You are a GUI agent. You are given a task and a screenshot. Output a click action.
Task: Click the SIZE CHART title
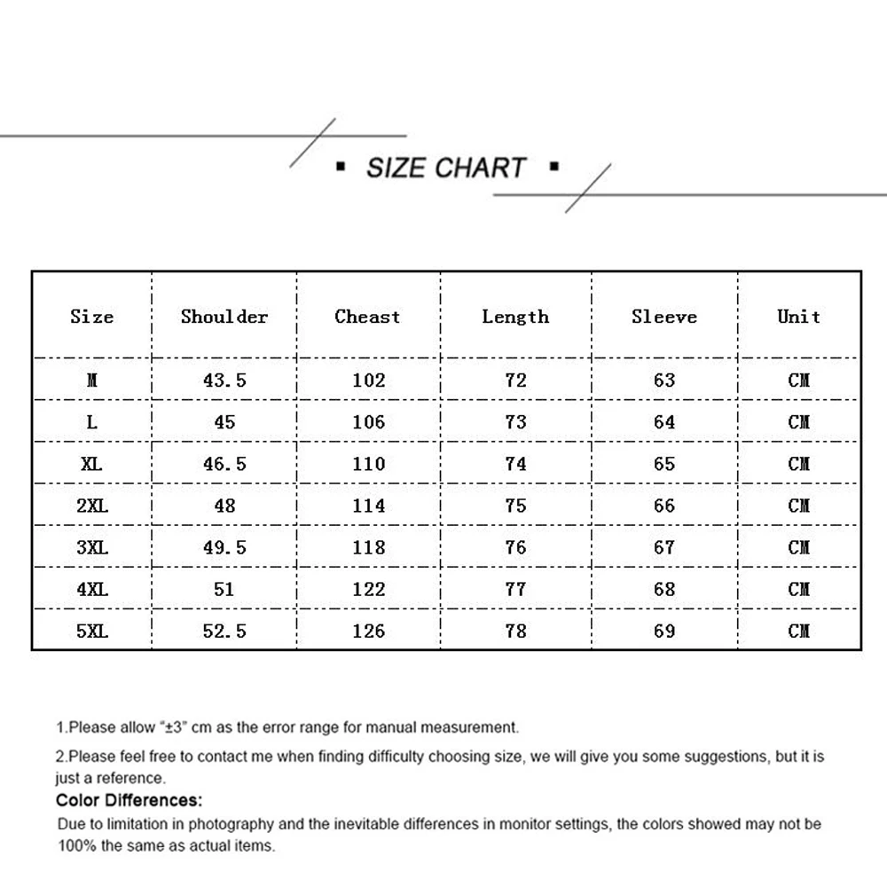446,168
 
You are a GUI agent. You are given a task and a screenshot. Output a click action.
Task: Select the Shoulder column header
224,317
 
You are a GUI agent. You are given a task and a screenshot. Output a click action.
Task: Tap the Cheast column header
367,317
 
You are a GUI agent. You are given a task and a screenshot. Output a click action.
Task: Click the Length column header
515,317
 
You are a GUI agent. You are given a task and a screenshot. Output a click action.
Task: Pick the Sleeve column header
664,317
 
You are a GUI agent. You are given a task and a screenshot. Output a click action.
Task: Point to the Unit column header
798,317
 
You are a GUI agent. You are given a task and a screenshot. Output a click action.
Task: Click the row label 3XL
92,547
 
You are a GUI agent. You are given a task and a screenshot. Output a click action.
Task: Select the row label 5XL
92,631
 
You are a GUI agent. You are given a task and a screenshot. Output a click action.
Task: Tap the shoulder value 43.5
224,381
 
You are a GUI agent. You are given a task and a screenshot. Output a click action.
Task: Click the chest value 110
368,464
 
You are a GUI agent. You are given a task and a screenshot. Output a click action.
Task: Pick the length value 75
515,506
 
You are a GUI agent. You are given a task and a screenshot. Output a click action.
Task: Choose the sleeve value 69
664,631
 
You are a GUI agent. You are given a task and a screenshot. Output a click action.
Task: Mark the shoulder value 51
224,589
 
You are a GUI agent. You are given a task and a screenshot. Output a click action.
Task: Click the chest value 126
368,631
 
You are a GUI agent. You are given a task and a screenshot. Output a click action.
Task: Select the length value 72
515,381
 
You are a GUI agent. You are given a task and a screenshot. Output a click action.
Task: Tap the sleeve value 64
664,422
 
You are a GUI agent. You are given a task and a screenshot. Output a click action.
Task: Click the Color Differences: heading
130,801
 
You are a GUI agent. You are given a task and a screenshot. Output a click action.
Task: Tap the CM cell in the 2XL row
798,506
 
